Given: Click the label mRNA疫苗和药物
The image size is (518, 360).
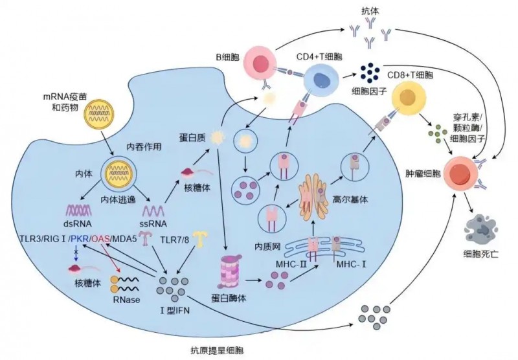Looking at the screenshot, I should [x=61, y=101].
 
